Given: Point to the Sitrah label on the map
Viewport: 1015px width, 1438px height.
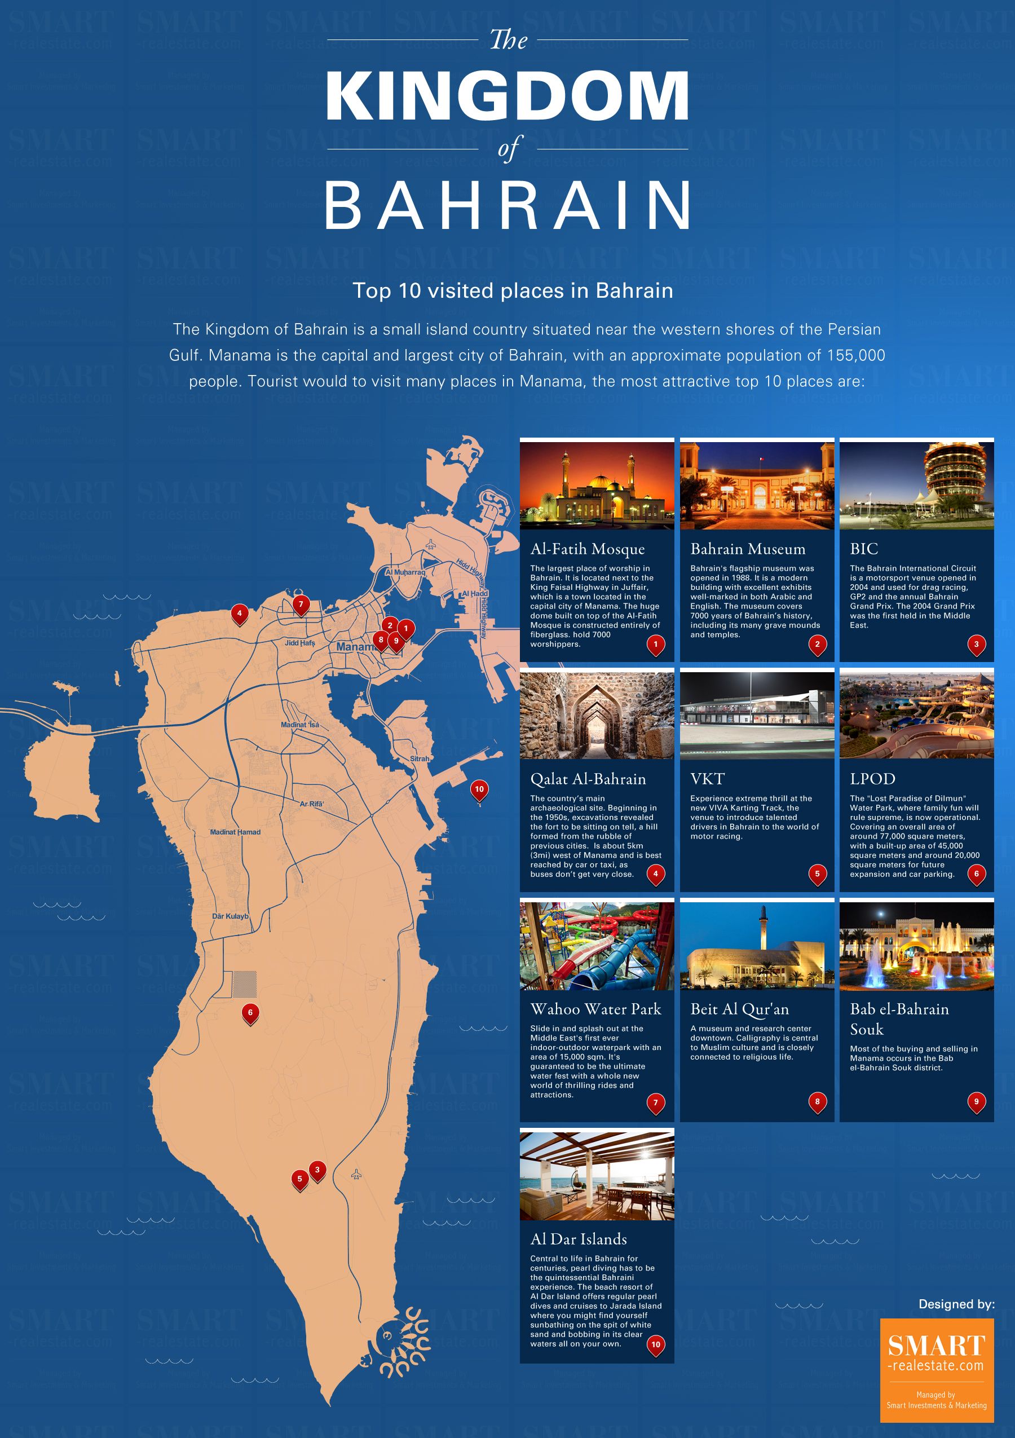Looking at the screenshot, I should pos(420,758).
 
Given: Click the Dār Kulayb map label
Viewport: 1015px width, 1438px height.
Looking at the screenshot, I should pos(230,916).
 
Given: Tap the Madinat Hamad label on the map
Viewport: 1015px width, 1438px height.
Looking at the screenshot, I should pos(235,832).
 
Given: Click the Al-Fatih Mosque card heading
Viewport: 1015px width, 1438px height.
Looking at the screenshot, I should pos(588,549).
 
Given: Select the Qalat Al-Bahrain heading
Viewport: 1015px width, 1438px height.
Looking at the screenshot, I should pos(588,779).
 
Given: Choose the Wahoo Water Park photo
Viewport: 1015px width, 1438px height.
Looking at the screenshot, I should pos(597,946).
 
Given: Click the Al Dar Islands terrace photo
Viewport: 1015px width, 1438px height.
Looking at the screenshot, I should pos(597,1176).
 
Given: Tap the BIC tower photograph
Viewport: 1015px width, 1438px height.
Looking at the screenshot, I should pos(916,486).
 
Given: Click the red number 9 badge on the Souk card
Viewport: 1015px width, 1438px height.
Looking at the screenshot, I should pos(976,1102).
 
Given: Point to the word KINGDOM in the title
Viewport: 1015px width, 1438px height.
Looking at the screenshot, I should pos(507,96).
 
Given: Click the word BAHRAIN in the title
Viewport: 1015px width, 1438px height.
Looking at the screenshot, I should pos(507,206).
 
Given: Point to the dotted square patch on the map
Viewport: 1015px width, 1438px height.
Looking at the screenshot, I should pos(245,984).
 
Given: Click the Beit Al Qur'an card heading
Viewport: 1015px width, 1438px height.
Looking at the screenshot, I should pos(739,1009).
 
